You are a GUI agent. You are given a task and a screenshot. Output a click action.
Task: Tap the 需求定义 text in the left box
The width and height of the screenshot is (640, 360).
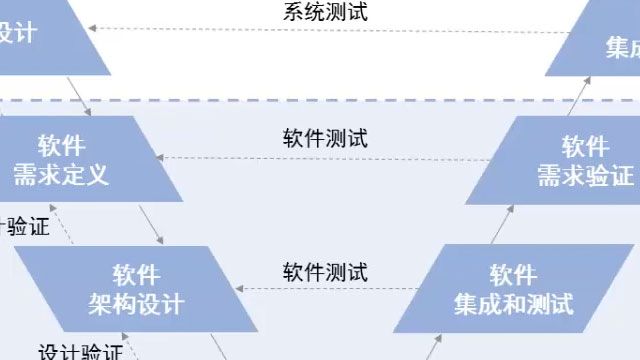(61, 175)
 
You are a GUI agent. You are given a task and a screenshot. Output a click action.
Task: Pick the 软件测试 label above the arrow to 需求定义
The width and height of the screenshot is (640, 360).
(325, 138)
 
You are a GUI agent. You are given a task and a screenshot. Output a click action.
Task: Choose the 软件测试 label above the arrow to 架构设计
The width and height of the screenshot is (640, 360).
(325, 271)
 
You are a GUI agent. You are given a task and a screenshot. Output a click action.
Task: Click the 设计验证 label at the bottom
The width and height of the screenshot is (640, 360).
(80, 353)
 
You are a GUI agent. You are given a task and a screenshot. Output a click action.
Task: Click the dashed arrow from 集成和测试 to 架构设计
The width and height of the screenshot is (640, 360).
(325, 291)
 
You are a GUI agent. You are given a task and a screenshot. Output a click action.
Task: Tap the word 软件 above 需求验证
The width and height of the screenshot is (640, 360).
(585, 146)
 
